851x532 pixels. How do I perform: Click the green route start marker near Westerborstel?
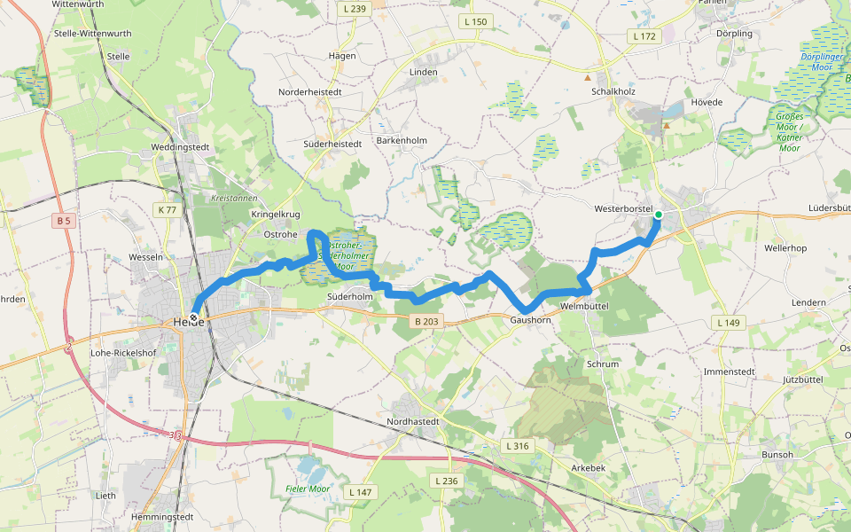coord(658,215)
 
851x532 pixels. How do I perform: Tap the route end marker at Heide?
coord(193,317)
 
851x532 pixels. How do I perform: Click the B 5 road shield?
coord(62,220)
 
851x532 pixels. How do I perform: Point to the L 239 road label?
coord(353,9)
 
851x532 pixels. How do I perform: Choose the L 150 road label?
coord(475,21)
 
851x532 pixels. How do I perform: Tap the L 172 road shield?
coord(644,36)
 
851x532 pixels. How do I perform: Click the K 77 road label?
coord(166,210)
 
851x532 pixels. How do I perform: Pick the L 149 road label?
coord(728,323)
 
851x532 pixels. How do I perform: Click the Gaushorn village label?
coord(531,320)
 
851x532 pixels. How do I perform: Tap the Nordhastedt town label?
coord(413,421)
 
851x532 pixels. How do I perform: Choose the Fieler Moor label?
coord(308,489)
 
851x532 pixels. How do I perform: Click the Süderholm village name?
coord(349,296)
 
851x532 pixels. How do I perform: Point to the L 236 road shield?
coord(447,480)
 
